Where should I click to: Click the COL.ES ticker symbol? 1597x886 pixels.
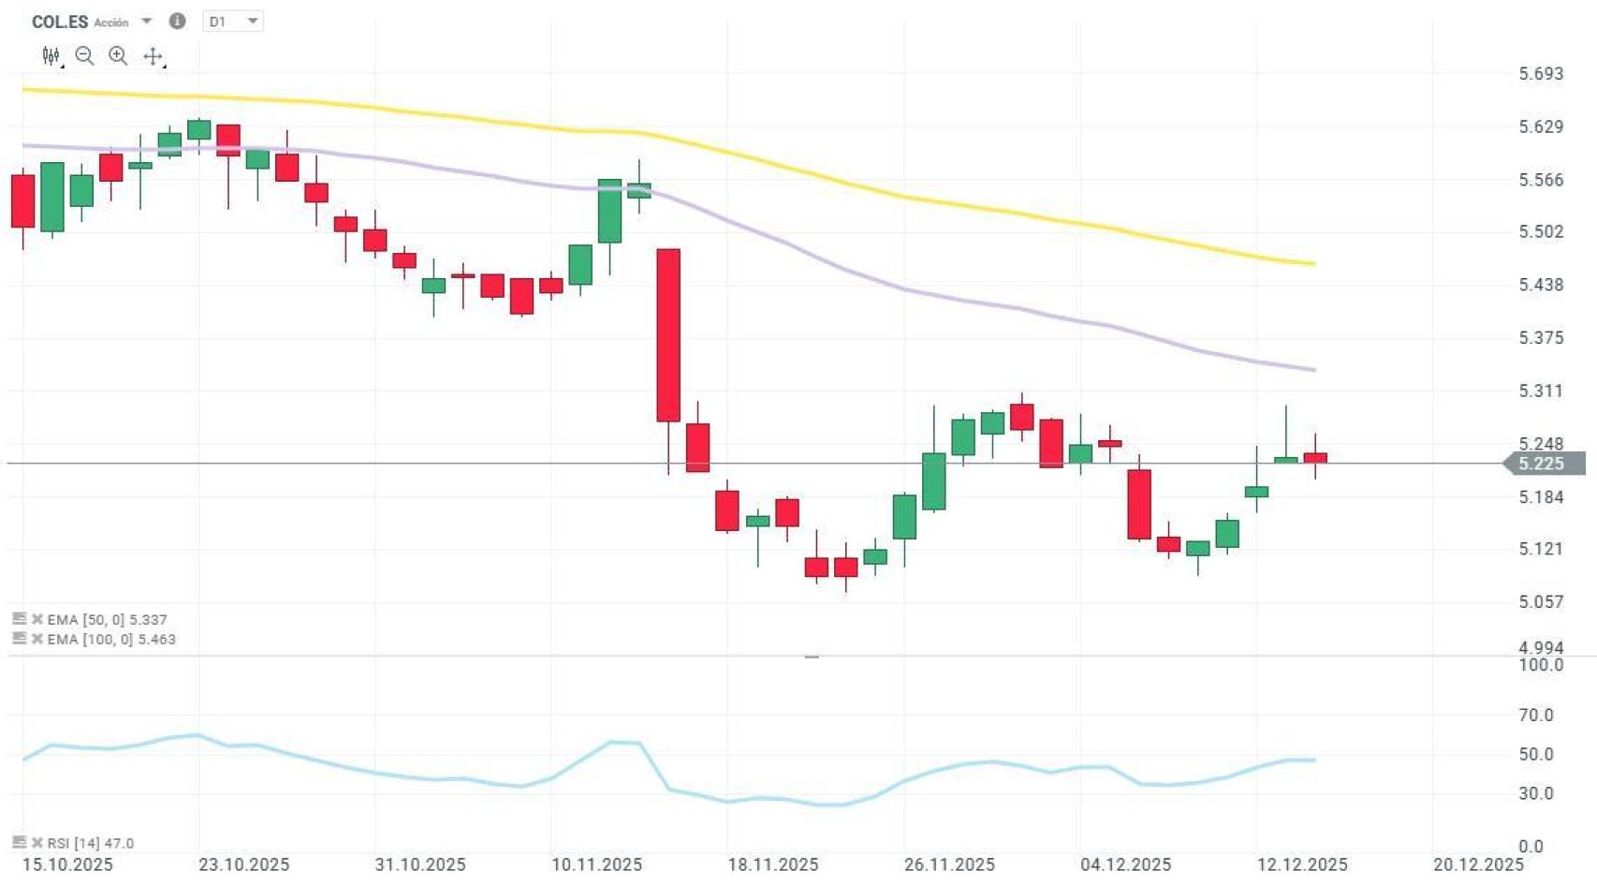point(60,22)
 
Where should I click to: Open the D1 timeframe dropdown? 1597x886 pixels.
point(233,22)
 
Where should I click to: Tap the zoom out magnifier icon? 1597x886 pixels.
point(84,56)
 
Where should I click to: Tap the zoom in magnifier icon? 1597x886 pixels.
point(118,56)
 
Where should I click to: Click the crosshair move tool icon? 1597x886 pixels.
point(153,57)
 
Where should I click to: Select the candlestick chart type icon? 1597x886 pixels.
point(51,56)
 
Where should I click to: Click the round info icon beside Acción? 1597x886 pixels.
point(177,21)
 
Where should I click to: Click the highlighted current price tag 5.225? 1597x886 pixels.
point(1541,464)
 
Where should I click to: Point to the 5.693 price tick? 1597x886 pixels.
point(1540,74)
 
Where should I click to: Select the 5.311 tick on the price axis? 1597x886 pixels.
point(1540,391)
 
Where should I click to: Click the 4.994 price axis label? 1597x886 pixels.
point(1540,647)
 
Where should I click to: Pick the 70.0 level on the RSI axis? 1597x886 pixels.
point(1535,715)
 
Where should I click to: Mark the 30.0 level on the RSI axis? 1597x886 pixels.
point(1535,793)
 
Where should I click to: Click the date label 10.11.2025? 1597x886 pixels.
point(596,864)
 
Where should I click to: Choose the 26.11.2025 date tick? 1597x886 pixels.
point(949,864)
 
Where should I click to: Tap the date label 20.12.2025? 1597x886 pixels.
point(1478,864)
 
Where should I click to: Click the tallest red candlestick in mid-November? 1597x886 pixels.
point(668,335)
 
